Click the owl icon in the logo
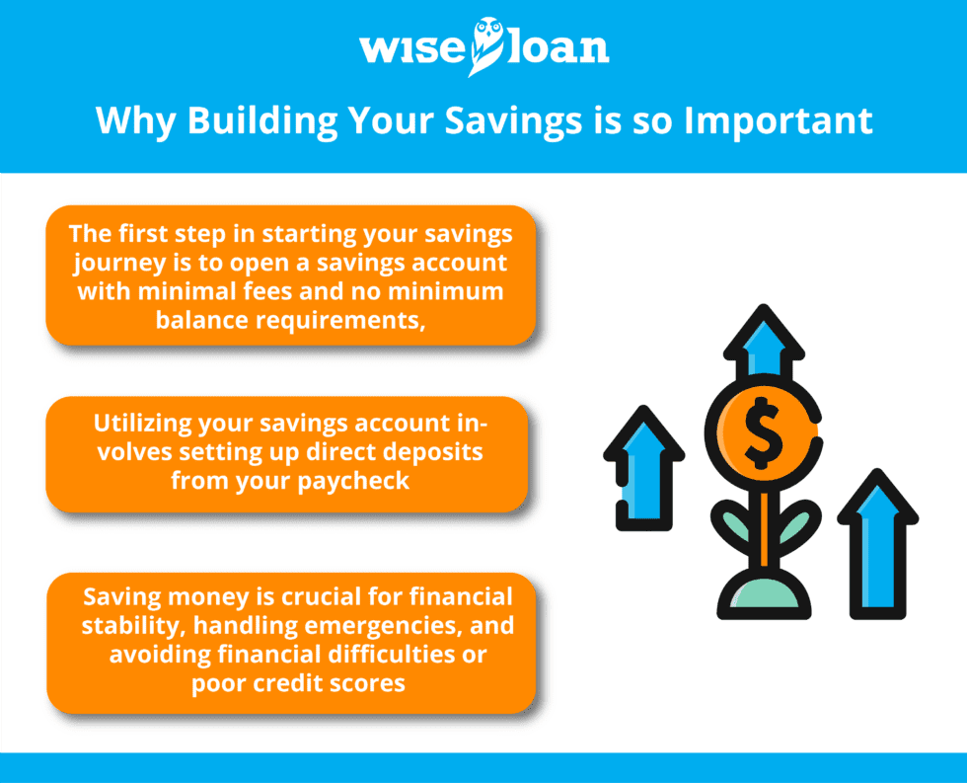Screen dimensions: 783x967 [485, 44]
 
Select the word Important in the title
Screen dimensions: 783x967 [779, 120]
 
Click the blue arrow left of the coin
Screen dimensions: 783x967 [642, 464]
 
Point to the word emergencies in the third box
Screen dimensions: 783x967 [393, 626]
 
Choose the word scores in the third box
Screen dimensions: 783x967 [368, 683]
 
